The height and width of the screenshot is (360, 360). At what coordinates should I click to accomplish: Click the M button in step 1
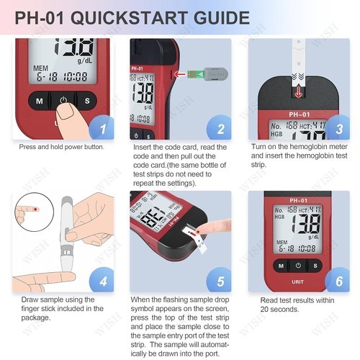pyautogui.click(x=38, y=101)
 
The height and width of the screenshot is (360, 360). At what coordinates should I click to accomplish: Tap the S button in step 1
pyautogui.click(x=87, y=101)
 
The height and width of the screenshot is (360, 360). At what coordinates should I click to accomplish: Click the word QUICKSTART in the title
pyautogui.click(x=136, y=18)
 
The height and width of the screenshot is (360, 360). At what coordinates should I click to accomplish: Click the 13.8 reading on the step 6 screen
pyautogui.click(x=300, y=222)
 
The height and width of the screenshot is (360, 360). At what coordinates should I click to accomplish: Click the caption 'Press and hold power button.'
pyautogui.click(x=62, y=147)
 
